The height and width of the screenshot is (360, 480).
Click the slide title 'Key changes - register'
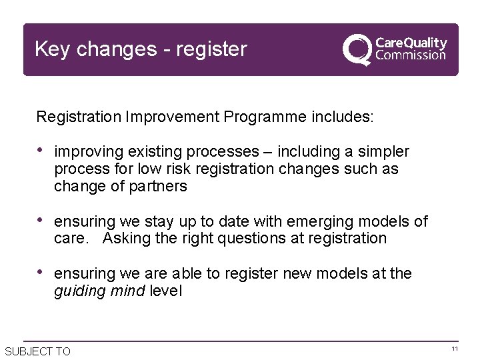tap(141, 49)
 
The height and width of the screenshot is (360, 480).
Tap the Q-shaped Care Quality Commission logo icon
tap(357, 50)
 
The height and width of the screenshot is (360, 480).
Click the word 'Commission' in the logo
tap(411, 56)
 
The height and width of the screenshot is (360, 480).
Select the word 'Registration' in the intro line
tap(78, 117)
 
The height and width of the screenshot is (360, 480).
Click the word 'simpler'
tap(384, 152)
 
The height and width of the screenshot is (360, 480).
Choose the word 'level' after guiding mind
tap(165, 291)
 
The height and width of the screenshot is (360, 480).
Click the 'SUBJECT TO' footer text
tap(37, 351)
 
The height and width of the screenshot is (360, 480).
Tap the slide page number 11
tap(455, 349)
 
